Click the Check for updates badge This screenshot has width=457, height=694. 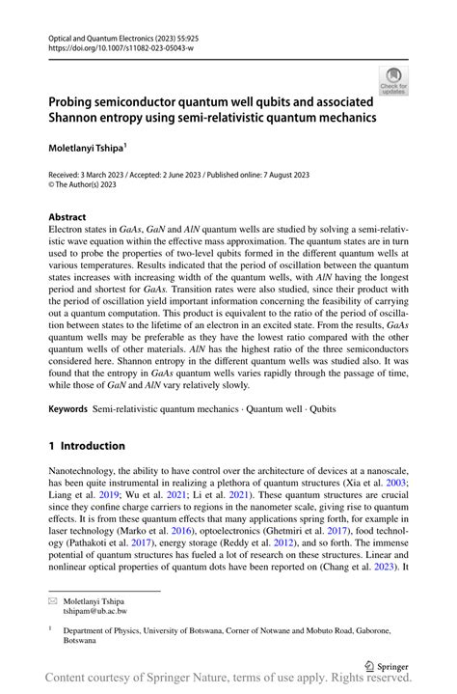[392, 80]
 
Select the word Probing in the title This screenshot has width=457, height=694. [79, 101]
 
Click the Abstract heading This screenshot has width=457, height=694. [67, 217]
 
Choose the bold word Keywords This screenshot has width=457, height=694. [68, 410]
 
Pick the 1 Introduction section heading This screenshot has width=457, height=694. [87, 446]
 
